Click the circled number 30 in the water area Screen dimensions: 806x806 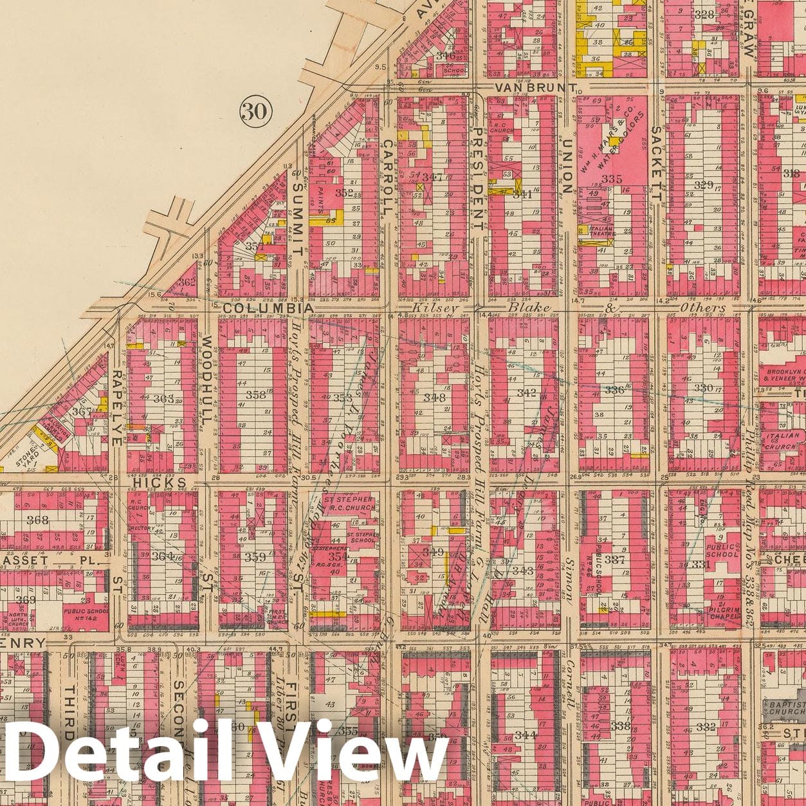pos(253,111)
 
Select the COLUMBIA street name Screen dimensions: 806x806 pos(268,308)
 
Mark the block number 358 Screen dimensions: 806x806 pos(256,395)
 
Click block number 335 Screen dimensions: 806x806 pos(612,179)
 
